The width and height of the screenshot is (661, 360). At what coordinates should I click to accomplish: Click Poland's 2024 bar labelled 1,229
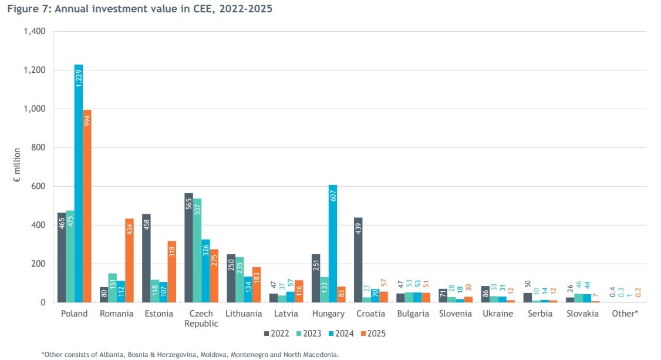point(79,183)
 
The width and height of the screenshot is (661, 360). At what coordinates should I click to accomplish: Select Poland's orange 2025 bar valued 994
point(87,206)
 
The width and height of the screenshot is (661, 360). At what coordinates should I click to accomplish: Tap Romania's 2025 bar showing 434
point(129,261)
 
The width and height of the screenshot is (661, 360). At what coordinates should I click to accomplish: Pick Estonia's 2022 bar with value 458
point(146,258)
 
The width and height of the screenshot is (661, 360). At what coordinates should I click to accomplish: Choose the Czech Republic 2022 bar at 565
point(189,248)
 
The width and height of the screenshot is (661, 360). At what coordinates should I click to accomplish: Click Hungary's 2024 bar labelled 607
point(333,244)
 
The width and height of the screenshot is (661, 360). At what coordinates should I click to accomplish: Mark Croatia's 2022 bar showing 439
point(358,260)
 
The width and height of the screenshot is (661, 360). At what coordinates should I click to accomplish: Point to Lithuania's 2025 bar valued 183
point(257,285)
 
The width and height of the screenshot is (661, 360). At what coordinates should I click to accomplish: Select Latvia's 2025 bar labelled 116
point(299,291)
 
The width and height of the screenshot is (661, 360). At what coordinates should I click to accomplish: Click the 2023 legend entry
point(309,334)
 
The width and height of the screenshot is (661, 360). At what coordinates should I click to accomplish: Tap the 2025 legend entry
point(373,334)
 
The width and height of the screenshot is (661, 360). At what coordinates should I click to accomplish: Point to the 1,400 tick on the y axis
point(35,31)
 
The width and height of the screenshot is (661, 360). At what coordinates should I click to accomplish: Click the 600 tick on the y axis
point(38,186)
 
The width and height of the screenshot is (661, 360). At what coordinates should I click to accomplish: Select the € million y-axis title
point(17,165)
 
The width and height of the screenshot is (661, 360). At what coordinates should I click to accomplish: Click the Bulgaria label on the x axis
point(413,314)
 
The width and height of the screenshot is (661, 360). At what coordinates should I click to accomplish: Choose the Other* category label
point(625,314)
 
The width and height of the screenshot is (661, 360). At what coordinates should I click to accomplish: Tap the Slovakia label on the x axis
point(582,314)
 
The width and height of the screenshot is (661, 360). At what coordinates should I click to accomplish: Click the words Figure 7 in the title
point(29,8)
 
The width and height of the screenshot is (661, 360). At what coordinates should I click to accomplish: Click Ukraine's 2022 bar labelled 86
point(485,294)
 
